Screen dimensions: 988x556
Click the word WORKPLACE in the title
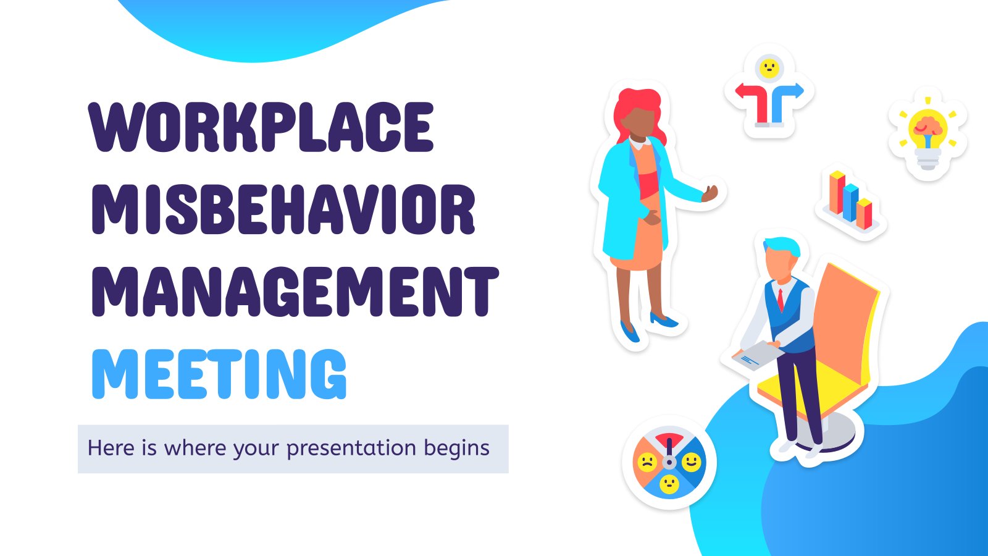(261, 127)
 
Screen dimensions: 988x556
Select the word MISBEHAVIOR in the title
(283, 209)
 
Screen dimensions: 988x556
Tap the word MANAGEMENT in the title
(295, 291)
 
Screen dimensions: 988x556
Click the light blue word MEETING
(219, 374)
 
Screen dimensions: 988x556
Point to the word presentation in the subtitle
(351, 449)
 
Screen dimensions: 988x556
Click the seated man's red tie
(781, 299)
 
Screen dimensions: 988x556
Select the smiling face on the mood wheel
(691, 461)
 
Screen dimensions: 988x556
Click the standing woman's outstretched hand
(710, 193)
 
